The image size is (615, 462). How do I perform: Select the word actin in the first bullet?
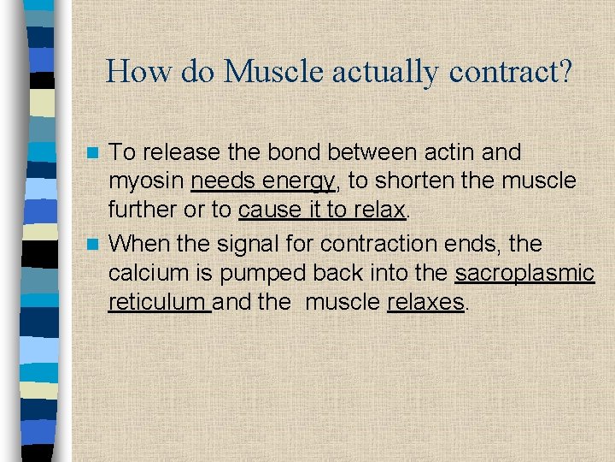point(456,152)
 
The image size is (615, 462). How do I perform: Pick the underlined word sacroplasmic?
point(524,274)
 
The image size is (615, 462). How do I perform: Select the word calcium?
point(150,274)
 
